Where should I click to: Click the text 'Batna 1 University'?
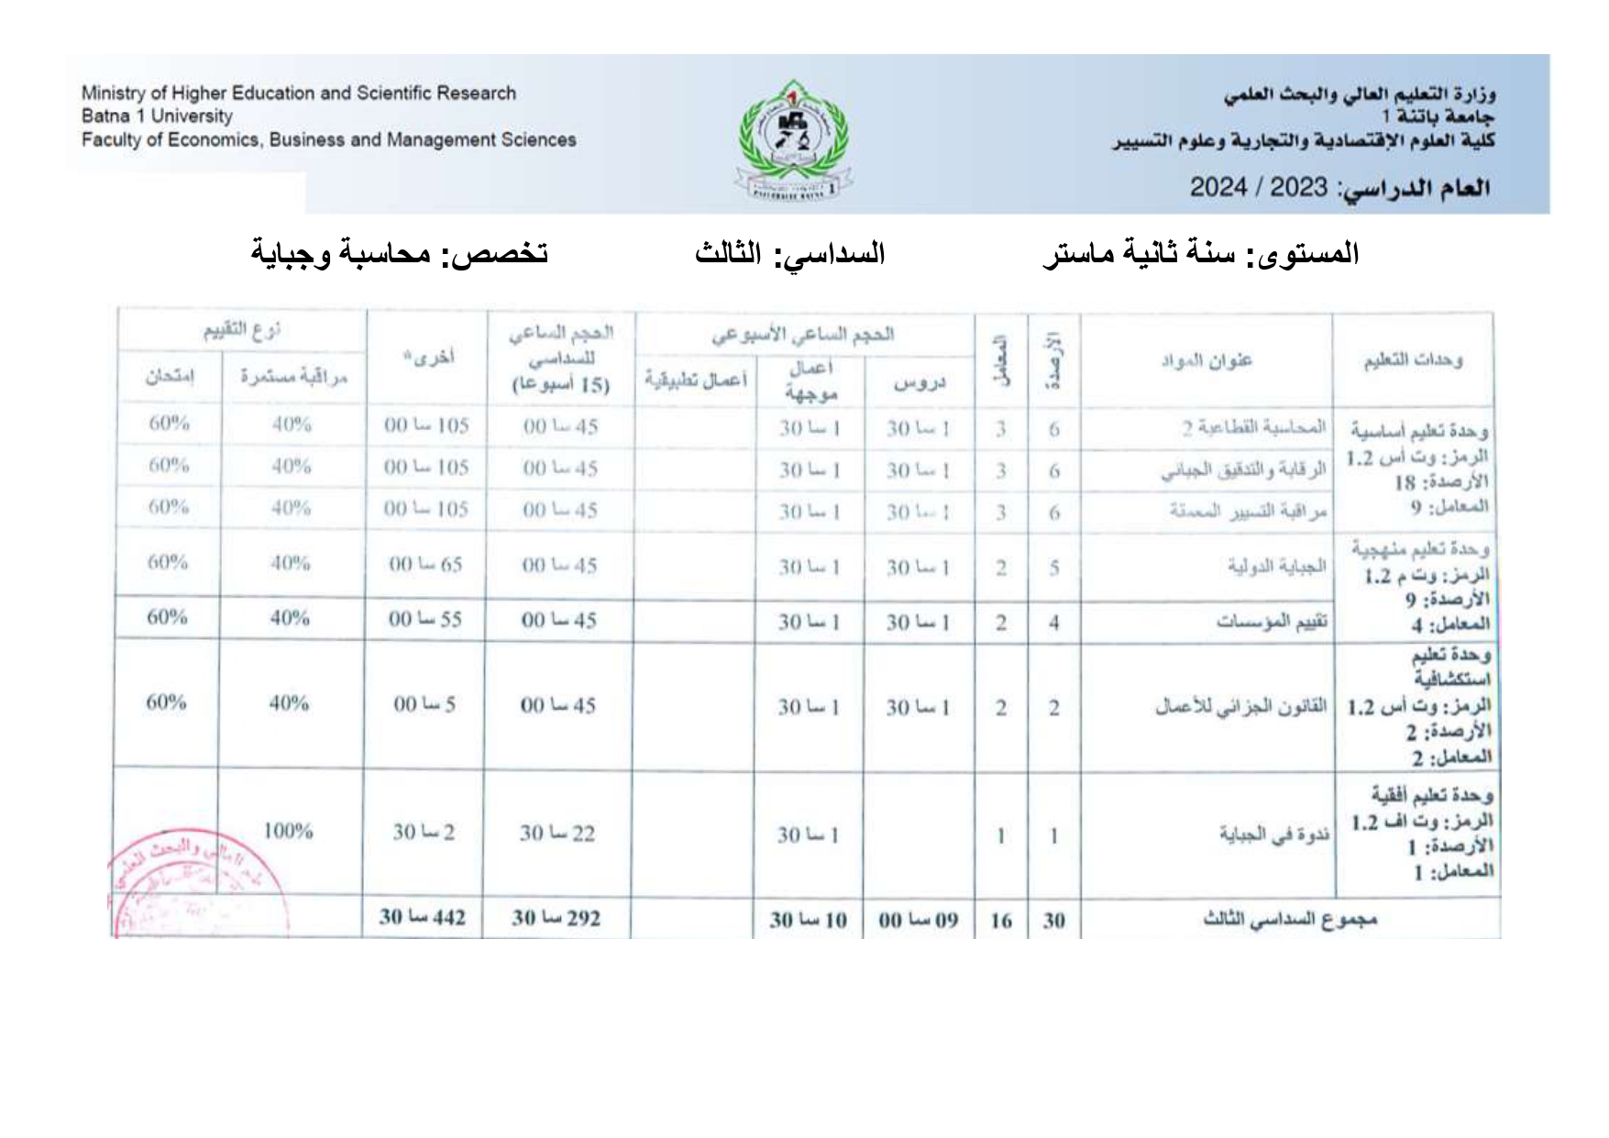pos(157,116)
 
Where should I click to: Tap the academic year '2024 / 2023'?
pos(1258,187)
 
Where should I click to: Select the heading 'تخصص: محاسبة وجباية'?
pos(400,253)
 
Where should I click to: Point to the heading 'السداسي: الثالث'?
pos(789,253)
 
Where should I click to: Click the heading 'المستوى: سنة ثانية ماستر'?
pos(1200,253)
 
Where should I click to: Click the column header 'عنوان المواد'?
pos(1206,359)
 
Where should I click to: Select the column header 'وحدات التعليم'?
pos(1413,359)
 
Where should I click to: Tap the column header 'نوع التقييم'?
pos(242,330)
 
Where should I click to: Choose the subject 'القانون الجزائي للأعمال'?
pos(1240,707)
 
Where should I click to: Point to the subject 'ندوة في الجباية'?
pos(1273,834)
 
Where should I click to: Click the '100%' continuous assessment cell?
pos(288,832)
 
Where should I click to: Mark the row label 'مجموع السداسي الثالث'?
pos(1290,919)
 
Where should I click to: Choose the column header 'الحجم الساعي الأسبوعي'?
pos(803,335)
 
